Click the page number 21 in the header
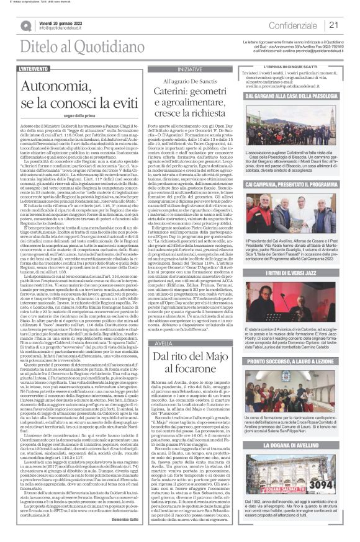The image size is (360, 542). coord(333,25)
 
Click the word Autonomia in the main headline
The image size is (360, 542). coord(58,84)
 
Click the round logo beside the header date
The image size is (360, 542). coord(28,25)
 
